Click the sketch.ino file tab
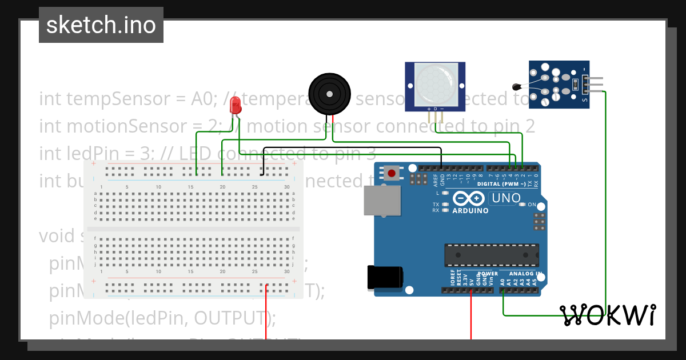[x=101, y=25]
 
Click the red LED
[x=234, y=105]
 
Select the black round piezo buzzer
[x=329, y=93]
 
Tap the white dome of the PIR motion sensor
[x=434, y=83]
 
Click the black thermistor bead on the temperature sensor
[x=517, y=87]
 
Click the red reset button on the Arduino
[x=392, y=172]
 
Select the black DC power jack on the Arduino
[x=384, y=278]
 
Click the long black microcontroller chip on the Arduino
[x=492, y=255]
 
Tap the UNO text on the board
[x=506, y=198]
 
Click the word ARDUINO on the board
[x=470, y=210]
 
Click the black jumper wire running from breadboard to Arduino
[x=352, y=148]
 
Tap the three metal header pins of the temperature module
[x=595, y=85]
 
